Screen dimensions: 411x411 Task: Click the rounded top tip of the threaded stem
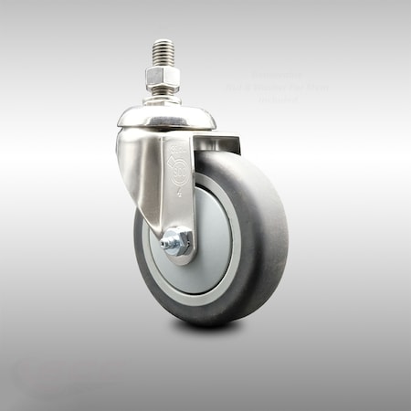coord(162,42)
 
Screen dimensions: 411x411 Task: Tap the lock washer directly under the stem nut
coord(162,94)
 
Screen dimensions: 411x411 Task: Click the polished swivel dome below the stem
coord(164,117)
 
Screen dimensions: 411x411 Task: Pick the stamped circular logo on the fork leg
coord(178,170)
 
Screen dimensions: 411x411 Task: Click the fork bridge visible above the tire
coord(217,143)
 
